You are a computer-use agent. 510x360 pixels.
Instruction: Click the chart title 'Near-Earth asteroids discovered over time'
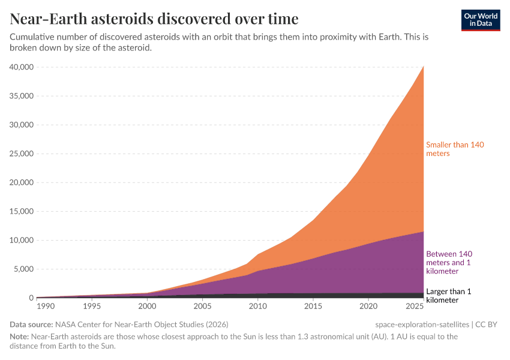tap(154, 18)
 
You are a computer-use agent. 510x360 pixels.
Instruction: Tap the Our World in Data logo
tap(481, 20)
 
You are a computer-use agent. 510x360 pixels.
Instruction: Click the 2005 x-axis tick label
tap(202, 307)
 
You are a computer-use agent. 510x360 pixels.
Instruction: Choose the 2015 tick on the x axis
tap(313, 307)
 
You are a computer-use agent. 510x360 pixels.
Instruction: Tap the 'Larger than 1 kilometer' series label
tap(448, 295)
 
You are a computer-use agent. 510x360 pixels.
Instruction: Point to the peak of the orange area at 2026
tap(424, 67)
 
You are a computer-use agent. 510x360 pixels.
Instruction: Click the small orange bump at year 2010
tap(258, 256)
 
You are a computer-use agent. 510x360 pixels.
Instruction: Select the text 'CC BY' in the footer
tap(487, 325)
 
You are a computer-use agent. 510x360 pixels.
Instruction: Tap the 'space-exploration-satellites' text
tap(422, 325)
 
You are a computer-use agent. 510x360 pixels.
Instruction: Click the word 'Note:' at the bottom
tap(21, 337)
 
